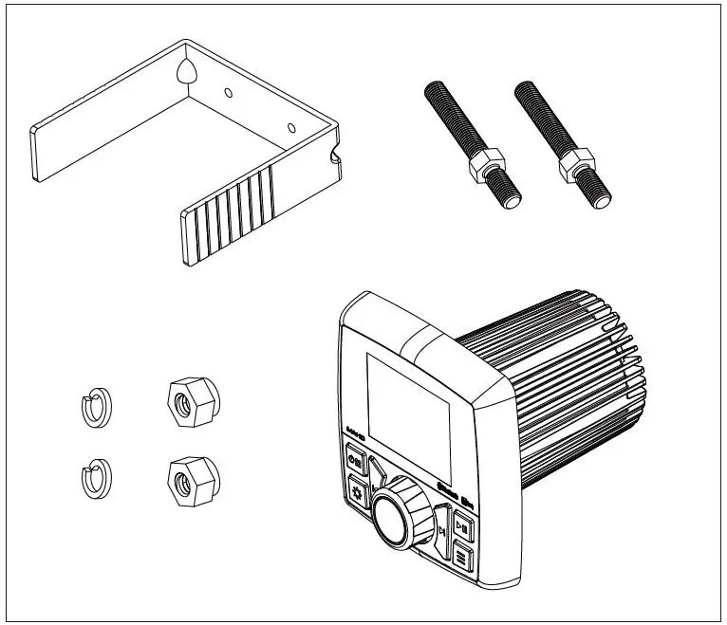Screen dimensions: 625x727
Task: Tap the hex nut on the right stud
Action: click(x=577, y=169)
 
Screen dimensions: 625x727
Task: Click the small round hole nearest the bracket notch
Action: click(x=291, y=126)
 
